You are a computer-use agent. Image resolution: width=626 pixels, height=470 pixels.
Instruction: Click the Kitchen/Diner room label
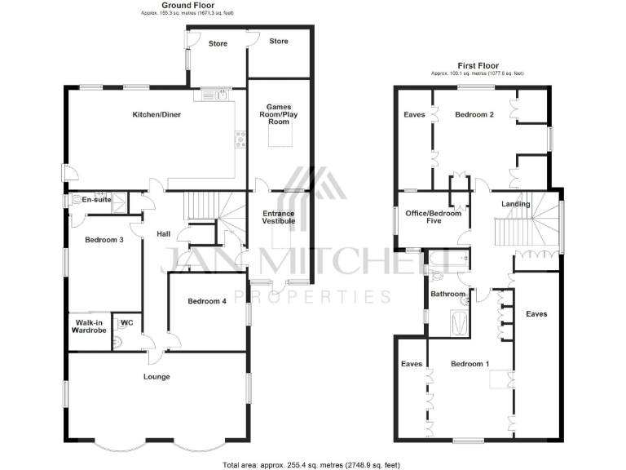pyautogui.click(x=156, y=114)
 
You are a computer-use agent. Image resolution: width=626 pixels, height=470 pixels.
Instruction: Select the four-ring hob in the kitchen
pyautogui.click(x=240, y=141)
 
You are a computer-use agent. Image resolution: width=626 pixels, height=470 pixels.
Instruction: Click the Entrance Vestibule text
pyautogui.click(x=278, y=219)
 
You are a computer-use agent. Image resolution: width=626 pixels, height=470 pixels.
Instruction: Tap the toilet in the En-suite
pyautogui.click(x=80, y=199)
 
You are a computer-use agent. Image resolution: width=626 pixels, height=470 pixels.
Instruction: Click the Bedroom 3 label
pyautogui.click(x=104, y=240)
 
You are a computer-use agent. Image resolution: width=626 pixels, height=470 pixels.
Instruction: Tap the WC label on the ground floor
pyautogui.click(x=126, y=322)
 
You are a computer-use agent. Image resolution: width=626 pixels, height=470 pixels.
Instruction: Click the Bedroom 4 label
pyautogui.click(x=207, y=301)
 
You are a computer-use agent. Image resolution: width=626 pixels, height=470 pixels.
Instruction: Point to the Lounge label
pyautogui.click(x=156, y=376)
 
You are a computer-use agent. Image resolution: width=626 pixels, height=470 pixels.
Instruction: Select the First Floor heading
pyautogui.click(x=477, y=65)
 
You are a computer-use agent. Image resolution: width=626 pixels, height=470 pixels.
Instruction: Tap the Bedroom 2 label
pyautogui.click(x=474, y=114)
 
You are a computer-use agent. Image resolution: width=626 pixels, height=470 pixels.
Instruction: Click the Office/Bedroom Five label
pyautogui.click(x=433, y=217)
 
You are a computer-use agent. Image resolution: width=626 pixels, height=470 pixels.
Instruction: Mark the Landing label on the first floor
pyautogui.click(x=516, y=204)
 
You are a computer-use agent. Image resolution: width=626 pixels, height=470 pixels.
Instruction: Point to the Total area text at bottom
pyautogui.click(x=312, y=464)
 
